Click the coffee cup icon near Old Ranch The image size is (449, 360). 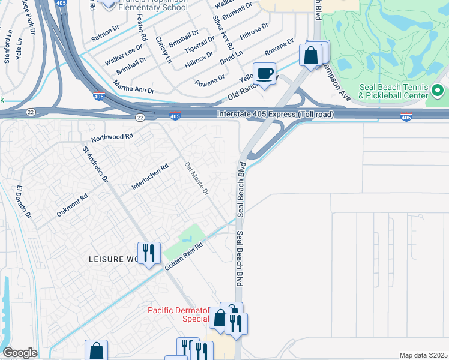pos(264,74)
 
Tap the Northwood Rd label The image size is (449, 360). pos(112,137)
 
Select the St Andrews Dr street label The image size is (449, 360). pos(95,164)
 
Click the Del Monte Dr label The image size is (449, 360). pos(197,179)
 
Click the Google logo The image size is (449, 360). pos(19,353)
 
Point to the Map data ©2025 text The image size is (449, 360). pos(423,355)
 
